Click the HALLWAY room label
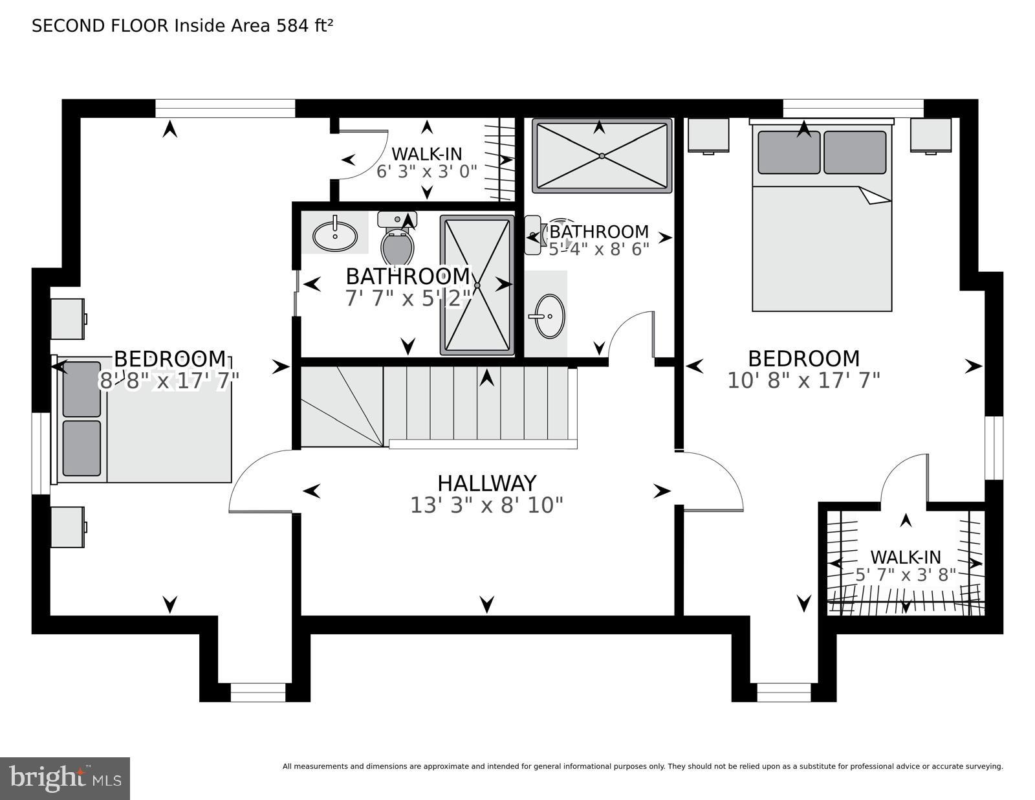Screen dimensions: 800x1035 (x=486, y=483)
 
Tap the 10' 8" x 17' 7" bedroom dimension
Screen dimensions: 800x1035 (x=803, y=381)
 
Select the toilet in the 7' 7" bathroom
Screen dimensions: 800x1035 (x=397, y=246)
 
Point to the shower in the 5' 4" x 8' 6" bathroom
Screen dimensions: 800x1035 (x=602, y=156)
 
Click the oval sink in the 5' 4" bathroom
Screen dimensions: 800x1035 (x=550, y=316)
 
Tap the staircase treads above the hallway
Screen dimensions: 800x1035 (x=479, y=405)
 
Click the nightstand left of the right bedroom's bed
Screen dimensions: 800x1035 (x=708, y=135)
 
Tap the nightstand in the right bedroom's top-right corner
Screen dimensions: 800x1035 (x=931, y=135)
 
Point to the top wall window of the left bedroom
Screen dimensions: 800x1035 (x=225, y=108)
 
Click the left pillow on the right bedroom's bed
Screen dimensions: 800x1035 (x=789, y=152)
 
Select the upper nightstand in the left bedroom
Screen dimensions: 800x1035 (x=67, y=318)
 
